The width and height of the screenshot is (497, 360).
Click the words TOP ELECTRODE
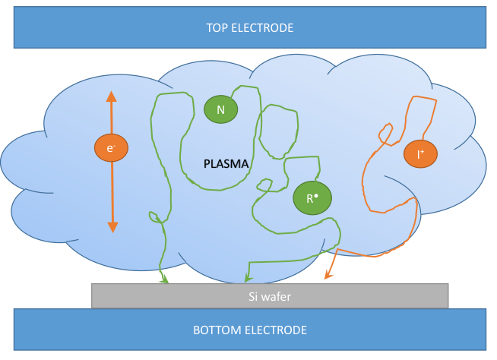pos(249,28)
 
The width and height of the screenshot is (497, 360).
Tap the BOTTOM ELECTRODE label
pos(249,330)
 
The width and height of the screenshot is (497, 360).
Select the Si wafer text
pos(270,296)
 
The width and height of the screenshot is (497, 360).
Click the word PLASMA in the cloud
pos(227,163)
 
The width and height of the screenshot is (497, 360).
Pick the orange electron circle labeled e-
pos(110,148)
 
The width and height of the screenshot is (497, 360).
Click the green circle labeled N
pos(220,109)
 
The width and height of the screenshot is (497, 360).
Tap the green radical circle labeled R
pos(312,198)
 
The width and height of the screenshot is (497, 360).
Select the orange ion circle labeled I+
pos(420,153)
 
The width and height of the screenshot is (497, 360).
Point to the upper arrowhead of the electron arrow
pos(111,97)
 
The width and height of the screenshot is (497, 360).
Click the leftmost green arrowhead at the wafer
pos(163,279)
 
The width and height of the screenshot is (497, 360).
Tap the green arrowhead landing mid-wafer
pos(245,279)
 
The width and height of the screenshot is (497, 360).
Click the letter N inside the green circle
pos(220,109)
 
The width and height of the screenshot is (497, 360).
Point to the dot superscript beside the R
pos(315,194)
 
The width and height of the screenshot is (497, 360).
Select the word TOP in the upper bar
pos(217,28)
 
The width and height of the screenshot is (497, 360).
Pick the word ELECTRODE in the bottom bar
pos(277,330)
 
